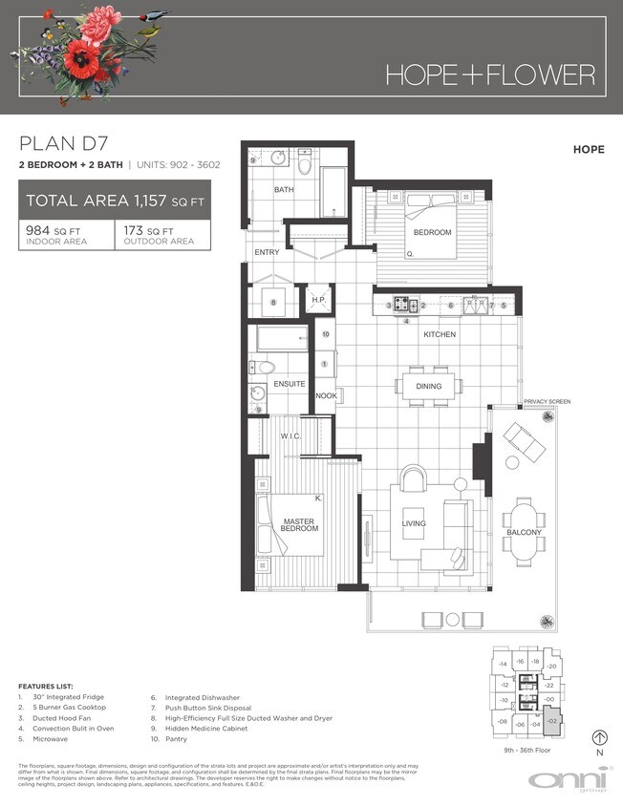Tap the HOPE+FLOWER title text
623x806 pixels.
tap(490, 74)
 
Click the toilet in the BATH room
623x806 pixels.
tap(304, 165)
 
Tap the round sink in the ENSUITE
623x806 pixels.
tap(256, 392)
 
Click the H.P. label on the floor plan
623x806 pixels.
tap(319, 300)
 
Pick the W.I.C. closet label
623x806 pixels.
tap(291, 437)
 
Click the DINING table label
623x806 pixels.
tap(428, 386)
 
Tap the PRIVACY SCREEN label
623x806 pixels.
tap(547, 402)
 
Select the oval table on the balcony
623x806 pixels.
tap(524, 532)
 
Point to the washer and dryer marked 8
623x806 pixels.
tap(273, 303)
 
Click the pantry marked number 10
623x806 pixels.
tap(326, 335)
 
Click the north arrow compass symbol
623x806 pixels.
tap(599, 736)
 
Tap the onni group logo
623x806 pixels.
tap(564, 780)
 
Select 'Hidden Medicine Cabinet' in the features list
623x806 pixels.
tap(204, 728)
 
